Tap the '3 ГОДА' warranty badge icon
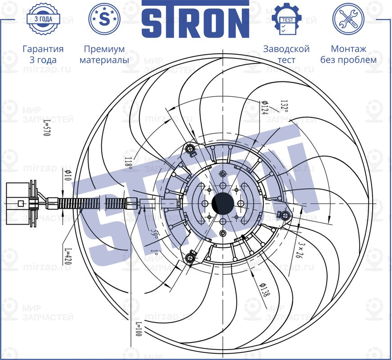(x=43, y=19)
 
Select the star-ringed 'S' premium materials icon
(x=104, y=19)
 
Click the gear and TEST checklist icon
(x=286, y=19)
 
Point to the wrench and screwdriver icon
(x=348, y=19)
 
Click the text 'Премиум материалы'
(x=104, y=54)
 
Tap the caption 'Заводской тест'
(x=286, y=54)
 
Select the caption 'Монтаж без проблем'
(x=348, y=54)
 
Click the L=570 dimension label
(x=46, y=128)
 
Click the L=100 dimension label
(x=138, y=331)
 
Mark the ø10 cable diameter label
(x=68, y=176)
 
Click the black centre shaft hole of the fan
(x=222, y=203)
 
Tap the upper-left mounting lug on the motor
(x=190, y=149)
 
